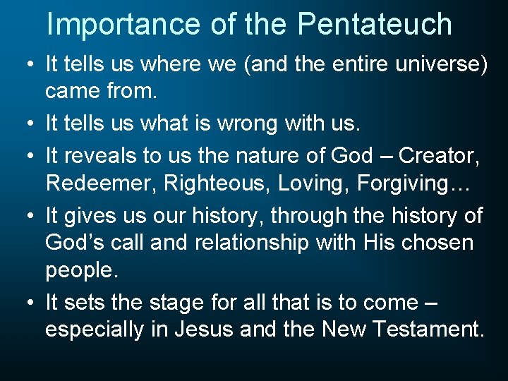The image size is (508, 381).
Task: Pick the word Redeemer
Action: [100, 183]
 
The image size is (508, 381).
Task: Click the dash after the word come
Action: [432, 303]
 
